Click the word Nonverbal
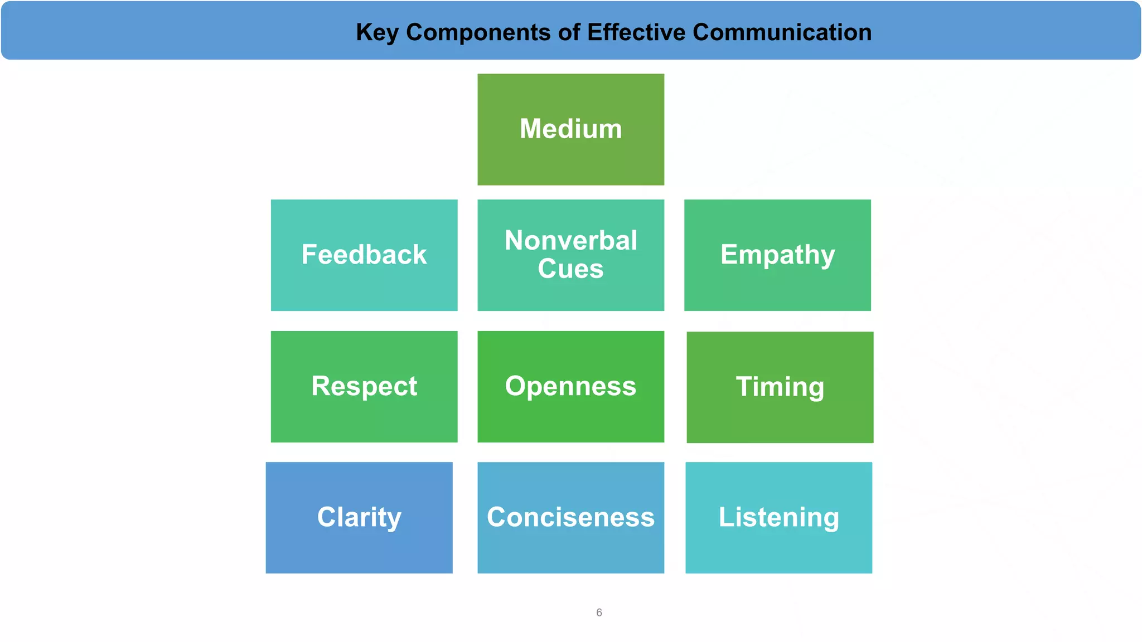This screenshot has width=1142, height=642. pos(570,241)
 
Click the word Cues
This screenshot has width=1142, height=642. pos(570,269)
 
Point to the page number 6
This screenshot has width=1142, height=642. pos(599,612)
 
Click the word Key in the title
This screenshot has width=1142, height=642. pos(377,32)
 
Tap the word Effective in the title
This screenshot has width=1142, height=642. pos(636,32)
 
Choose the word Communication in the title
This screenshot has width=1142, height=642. pos(782,32)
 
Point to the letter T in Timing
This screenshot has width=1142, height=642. pos(744,386)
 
